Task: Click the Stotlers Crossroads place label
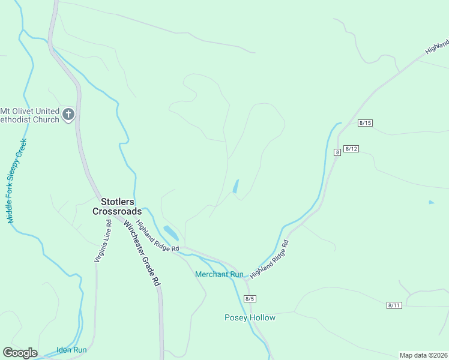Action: pos(117,206)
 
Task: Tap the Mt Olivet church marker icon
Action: pos(68,114)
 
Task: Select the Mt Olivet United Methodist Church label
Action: pos(30,115)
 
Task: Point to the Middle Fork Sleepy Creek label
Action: pos(17,181)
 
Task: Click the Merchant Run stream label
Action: pos(219,274)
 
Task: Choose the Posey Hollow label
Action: pos(250,317)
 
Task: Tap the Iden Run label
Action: pos(71,350)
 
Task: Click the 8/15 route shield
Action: pos(365,123)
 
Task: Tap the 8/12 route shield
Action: pos(351,149)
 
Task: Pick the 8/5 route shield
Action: pos(250,299)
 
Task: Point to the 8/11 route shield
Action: pos(394,305)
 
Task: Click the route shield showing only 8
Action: pos(338,153)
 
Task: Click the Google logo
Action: pos(20,353)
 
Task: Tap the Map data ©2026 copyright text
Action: pos(423,355)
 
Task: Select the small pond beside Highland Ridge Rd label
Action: pos(170,232)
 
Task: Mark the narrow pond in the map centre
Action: pos(235,187)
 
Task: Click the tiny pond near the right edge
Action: pos(431,202)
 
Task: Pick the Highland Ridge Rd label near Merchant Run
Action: pos(270,259)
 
